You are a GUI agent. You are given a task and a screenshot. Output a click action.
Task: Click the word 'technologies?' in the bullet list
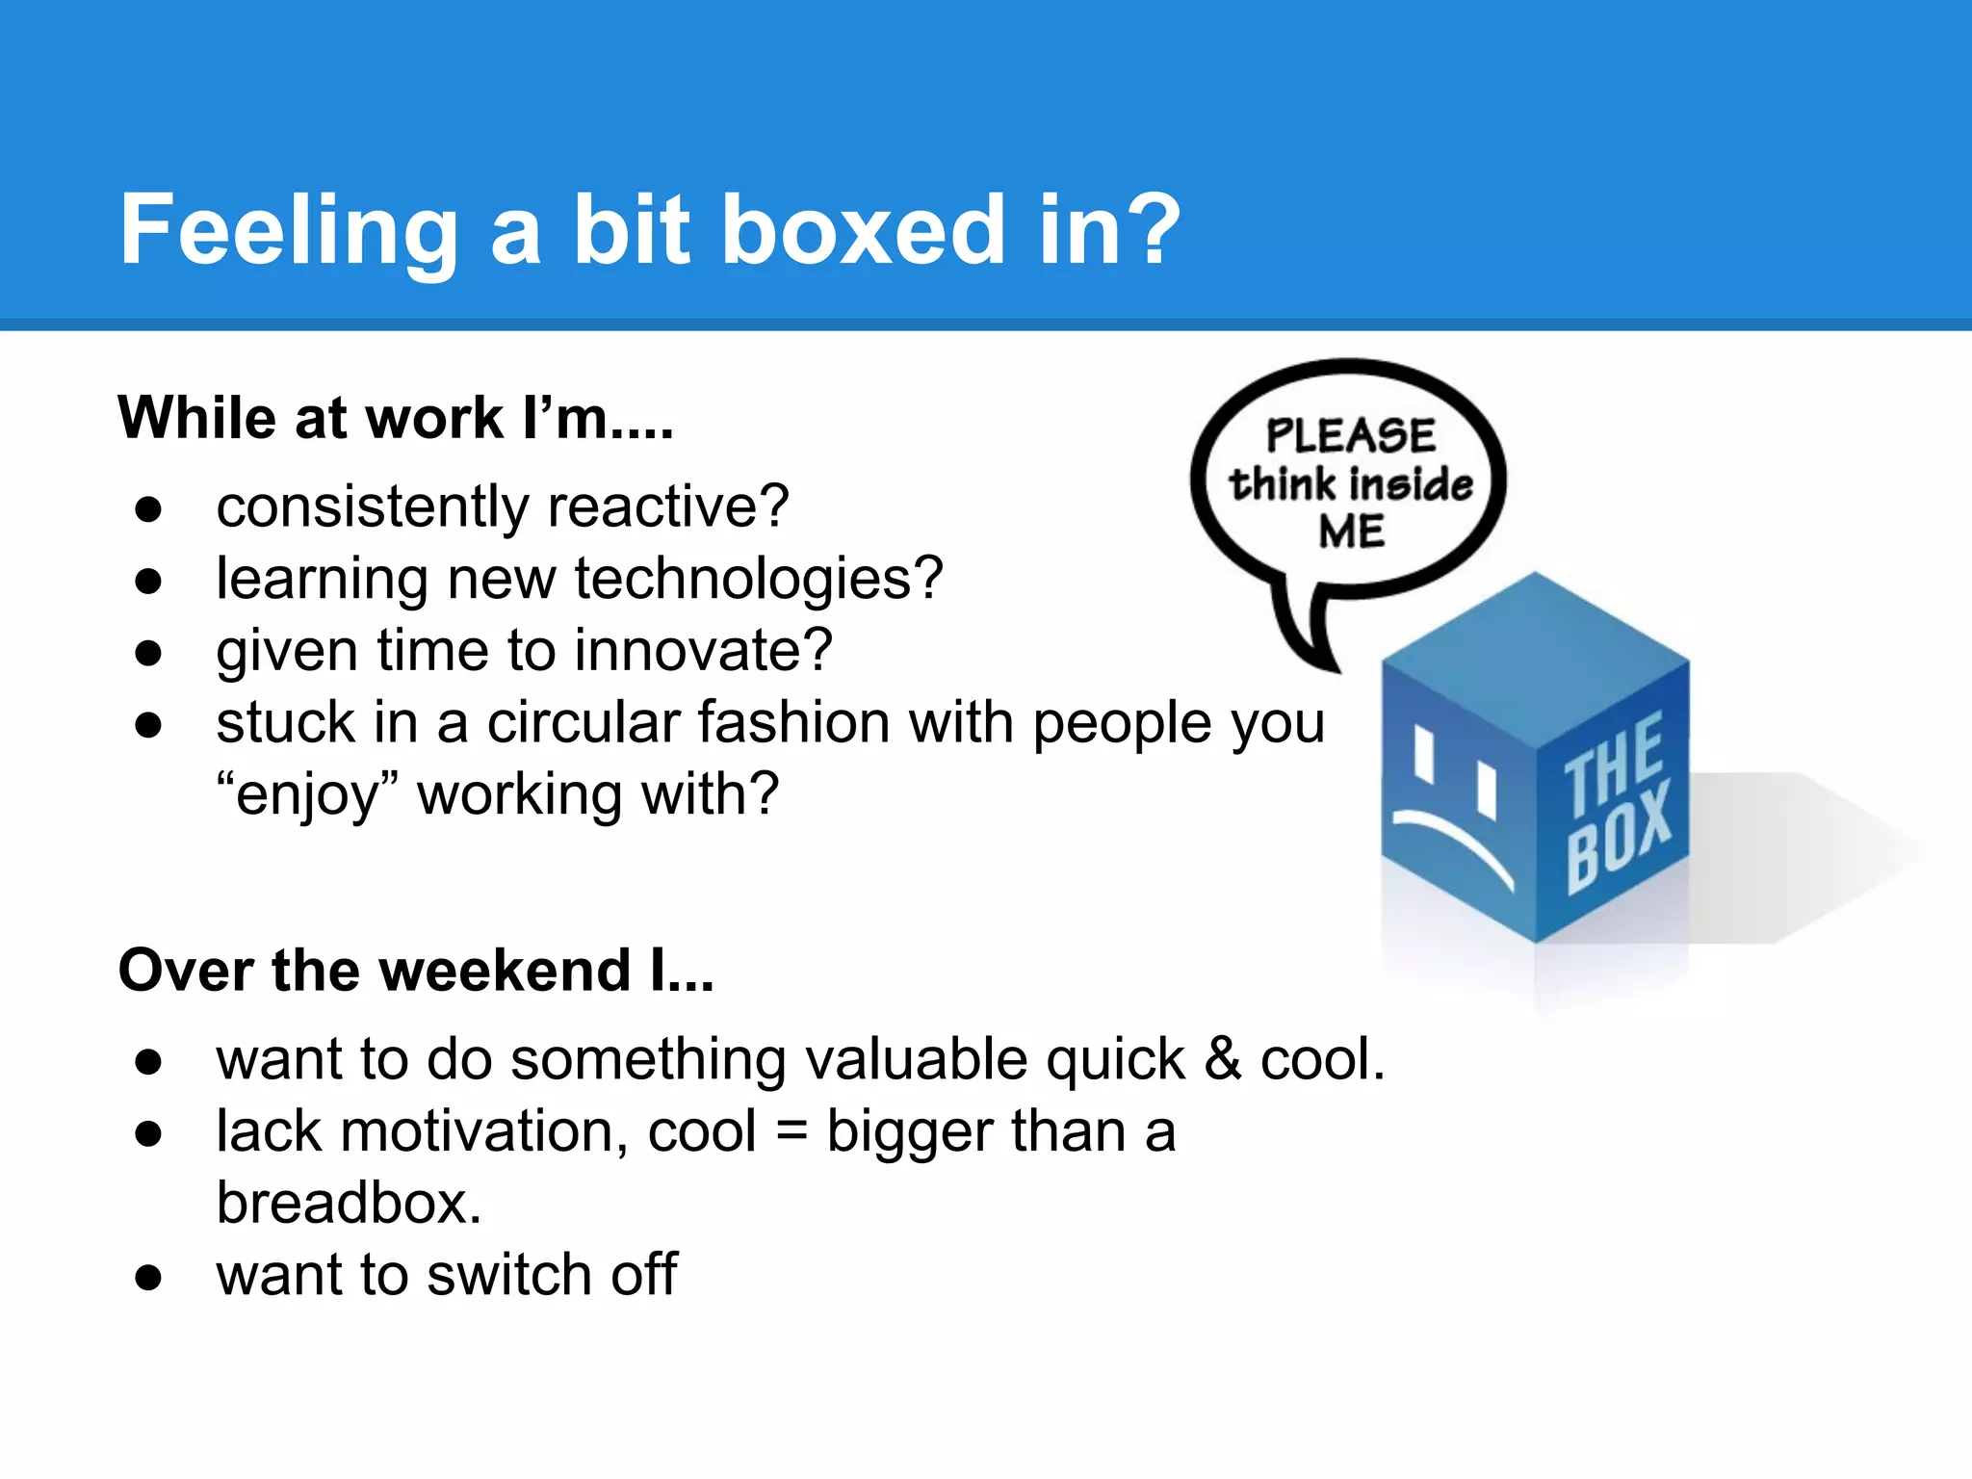tap(759, 579)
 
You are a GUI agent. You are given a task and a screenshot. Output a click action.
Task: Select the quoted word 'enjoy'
tap(307, 795)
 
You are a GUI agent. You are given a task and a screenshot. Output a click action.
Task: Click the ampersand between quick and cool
tap(1223, 1058)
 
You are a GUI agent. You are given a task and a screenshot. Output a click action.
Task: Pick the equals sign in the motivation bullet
tap(791, 1130)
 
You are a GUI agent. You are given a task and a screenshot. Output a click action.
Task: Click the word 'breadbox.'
tap(349, 1203)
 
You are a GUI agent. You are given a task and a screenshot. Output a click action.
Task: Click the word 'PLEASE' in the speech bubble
tap(1350, 435)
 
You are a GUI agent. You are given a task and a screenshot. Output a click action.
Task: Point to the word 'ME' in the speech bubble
tap(1352, 532)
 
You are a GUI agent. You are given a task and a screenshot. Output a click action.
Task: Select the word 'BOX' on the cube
tap(1621, 835)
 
